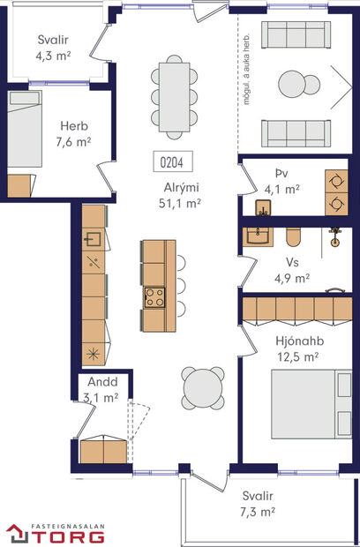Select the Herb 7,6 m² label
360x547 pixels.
(x=75, y=133)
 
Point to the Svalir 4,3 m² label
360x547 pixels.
(x=53, y=47)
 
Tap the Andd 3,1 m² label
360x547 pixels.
(x=101, y=391)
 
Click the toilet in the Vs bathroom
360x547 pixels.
(x=295, y=236)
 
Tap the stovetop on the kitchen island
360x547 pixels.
(x=155, y=296)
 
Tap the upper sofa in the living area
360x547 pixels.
(x=296, y=35)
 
